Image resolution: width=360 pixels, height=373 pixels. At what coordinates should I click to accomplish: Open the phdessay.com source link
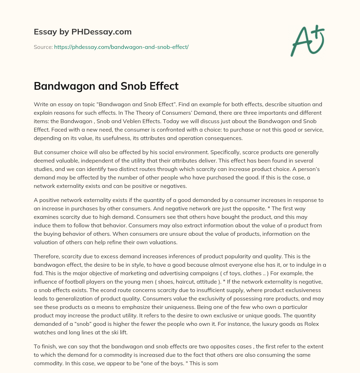(x=121, y=47)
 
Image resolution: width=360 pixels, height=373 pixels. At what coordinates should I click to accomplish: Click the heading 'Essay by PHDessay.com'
(x=83, y=32)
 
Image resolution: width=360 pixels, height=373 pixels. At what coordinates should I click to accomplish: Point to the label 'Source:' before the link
(x=43, y=47)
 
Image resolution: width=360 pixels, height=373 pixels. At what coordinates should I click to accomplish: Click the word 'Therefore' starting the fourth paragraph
(x=47, y=256)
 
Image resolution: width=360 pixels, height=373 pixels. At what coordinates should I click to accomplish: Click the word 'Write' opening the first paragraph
(x=41, y=105)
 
